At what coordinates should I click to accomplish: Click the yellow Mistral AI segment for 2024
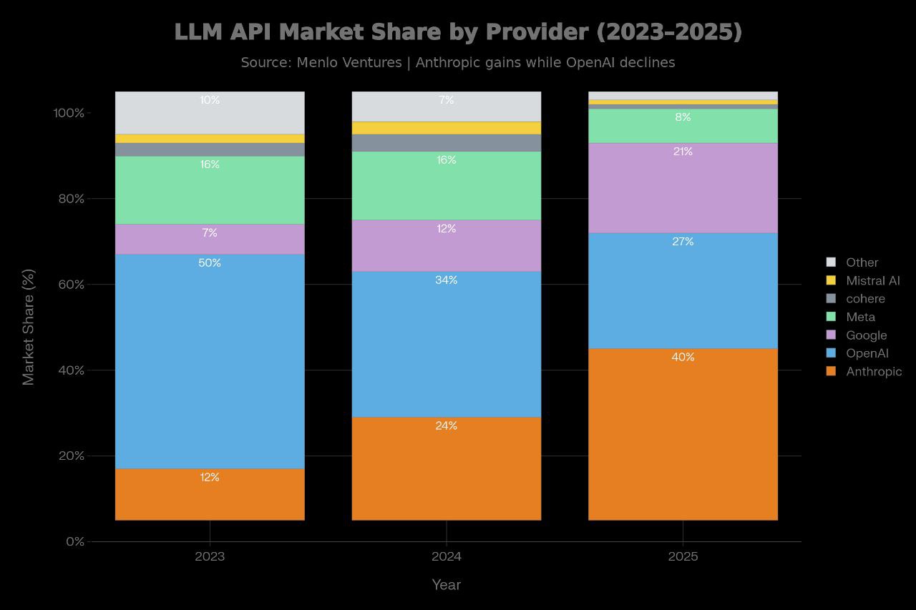point(446,128)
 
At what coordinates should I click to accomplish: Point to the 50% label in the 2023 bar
point(210,263)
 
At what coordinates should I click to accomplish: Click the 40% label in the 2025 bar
point(683,358)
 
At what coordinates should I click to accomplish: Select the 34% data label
point(446,280)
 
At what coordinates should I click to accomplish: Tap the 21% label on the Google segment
point(683,152)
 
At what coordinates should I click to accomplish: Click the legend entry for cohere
point(864,299)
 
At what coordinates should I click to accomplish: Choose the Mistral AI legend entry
point(872,281)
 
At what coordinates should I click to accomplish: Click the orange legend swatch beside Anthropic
point(831,371)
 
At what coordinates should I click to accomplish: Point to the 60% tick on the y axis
point(70,285)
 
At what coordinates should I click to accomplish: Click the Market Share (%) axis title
point(28,327)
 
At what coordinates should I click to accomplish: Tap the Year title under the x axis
point(446,585)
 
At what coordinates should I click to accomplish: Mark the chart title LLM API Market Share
point(458,32)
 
